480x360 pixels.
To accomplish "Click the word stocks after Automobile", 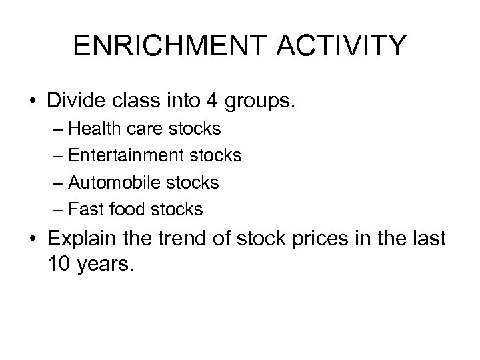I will [x=195, y=182].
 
